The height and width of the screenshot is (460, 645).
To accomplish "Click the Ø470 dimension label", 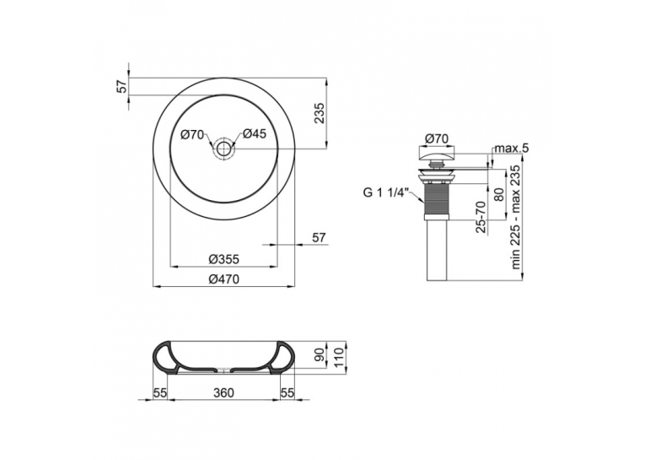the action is point(223,279).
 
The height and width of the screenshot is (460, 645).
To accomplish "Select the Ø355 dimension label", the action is point(223,259).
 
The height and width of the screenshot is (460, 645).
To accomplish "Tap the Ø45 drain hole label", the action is point(255,134).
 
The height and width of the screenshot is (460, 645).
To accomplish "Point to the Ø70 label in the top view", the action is point(192,134).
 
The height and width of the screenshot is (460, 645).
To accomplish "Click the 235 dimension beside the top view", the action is point(320,113).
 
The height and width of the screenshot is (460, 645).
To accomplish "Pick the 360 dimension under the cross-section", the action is point(223,392).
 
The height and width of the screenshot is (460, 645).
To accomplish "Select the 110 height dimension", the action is point(338,358).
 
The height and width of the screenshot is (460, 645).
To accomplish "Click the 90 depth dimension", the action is point(319,354).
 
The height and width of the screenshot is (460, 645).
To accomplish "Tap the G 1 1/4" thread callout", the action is point(385,192).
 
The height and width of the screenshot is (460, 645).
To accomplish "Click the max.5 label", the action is point(511,148).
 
